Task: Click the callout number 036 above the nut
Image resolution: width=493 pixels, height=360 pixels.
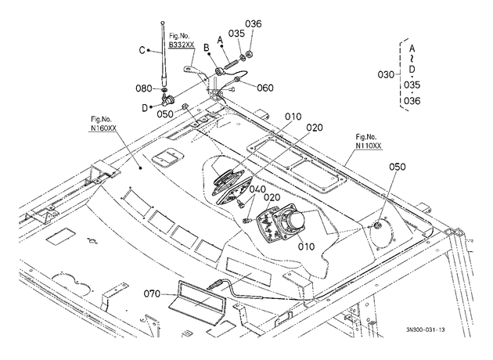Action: click(254, 24)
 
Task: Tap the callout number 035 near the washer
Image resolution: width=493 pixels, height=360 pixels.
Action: click(236, 34)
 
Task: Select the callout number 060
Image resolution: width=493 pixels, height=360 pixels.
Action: click(265, 88)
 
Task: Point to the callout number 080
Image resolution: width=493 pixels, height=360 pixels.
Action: click(144, 88)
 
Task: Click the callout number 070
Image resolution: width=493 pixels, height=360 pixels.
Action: click(152, 294)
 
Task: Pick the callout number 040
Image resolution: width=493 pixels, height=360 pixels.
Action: click(257, 189)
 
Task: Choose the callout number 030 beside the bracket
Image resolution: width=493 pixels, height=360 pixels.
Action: click(386, 75)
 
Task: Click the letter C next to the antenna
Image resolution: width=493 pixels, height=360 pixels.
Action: click(142, 50)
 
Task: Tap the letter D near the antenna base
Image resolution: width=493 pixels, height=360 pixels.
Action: click(145, 108)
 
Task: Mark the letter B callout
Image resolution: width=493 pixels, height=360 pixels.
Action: click(207, 48)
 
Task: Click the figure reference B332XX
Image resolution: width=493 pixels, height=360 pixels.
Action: click(182, 45)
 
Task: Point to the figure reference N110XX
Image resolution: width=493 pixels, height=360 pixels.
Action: click(369, 146)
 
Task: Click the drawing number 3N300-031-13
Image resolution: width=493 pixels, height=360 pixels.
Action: click(426, 329)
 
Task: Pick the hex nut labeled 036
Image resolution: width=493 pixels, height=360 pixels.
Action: click(250, 54)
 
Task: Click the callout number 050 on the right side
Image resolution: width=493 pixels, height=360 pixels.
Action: click(398, 167)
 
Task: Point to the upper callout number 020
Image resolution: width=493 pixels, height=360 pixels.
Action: click(315, 128)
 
